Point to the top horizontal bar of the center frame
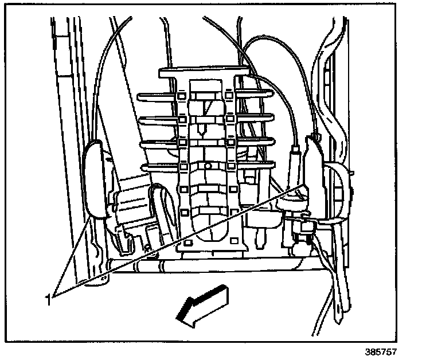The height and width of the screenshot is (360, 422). [204, 73]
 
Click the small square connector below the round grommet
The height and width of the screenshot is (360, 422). [302, 228]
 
